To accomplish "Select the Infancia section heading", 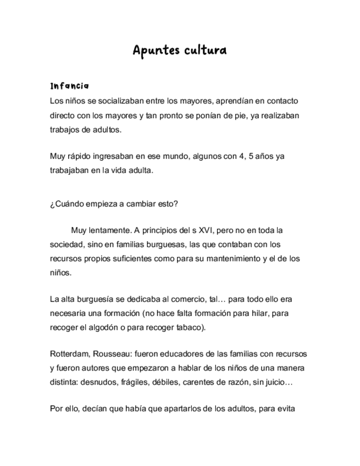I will (x=69, y=86).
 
